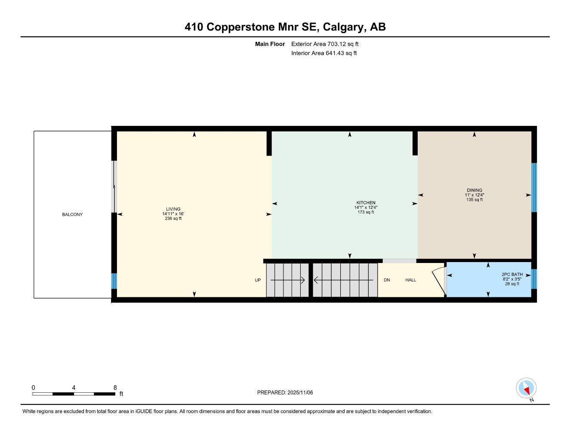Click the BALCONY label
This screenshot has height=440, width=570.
point(72,214)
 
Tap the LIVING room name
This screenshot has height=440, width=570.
point(173,209)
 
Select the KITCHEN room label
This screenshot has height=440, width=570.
point(366,203)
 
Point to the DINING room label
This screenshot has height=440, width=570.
point(474,190)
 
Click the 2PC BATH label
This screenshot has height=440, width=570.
point(512,275)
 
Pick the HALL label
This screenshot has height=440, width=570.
point(410,280)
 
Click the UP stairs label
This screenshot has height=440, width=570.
point(258,280)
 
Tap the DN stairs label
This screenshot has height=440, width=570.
point(387,280)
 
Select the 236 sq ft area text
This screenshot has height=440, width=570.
point(173,219)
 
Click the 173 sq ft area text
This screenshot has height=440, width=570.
point(366,212)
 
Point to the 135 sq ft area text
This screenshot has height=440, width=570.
point(474,200)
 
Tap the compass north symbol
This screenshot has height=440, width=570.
point(526,388)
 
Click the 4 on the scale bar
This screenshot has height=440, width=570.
point(74,388)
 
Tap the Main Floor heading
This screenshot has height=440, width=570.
point(270,44)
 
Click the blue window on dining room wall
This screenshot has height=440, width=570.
point(534,187)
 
